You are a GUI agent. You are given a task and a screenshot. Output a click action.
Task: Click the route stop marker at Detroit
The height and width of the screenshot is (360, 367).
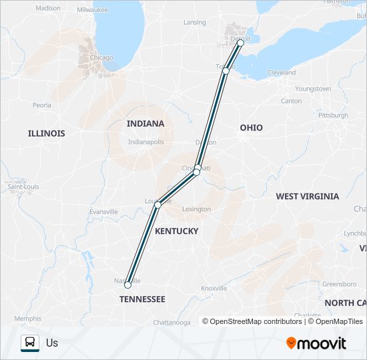point(240,43)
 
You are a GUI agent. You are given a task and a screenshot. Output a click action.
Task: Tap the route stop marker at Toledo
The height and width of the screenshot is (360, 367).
point(226,71)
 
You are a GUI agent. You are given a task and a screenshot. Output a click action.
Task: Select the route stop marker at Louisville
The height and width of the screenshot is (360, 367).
point(157,205)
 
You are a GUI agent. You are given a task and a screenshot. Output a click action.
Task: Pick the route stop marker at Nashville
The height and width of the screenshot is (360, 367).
point(127,285)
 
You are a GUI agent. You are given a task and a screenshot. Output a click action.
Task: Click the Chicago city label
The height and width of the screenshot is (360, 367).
point(101,57)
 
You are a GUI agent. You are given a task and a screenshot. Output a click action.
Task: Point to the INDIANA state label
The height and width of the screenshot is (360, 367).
point(145,123)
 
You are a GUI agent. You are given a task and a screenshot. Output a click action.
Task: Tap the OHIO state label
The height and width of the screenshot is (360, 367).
point(252,127)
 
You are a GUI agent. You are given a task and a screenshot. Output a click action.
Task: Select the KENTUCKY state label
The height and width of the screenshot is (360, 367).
point(176,231)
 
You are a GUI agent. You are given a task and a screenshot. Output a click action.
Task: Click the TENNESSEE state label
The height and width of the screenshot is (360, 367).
point(142,299)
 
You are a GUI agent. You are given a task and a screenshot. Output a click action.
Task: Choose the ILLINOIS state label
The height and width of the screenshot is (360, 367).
point(47,133)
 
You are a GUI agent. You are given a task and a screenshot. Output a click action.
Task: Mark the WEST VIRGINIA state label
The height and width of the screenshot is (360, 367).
point(307,197)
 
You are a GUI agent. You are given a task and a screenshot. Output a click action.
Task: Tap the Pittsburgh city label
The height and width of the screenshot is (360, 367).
point(333,115)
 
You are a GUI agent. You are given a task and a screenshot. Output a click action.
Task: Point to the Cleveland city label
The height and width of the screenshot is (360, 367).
point(281,72)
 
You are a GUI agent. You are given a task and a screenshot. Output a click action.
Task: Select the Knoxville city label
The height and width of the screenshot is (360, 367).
point(214,288)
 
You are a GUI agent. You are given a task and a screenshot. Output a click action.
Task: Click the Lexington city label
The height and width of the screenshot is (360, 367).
point(196,209)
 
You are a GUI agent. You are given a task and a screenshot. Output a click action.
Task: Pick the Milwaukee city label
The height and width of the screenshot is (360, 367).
point(92,10)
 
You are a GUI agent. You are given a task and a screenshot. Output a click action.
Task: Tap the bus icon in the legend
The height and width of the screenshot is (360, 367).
point(30,343)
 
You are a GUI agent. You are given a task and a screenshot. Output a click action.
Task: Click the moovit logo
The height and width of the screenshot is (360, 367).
point(316,343)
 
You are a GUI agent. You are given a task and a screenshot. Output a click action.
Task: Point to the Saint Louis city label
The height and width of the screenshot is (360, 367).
point(23,187)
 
